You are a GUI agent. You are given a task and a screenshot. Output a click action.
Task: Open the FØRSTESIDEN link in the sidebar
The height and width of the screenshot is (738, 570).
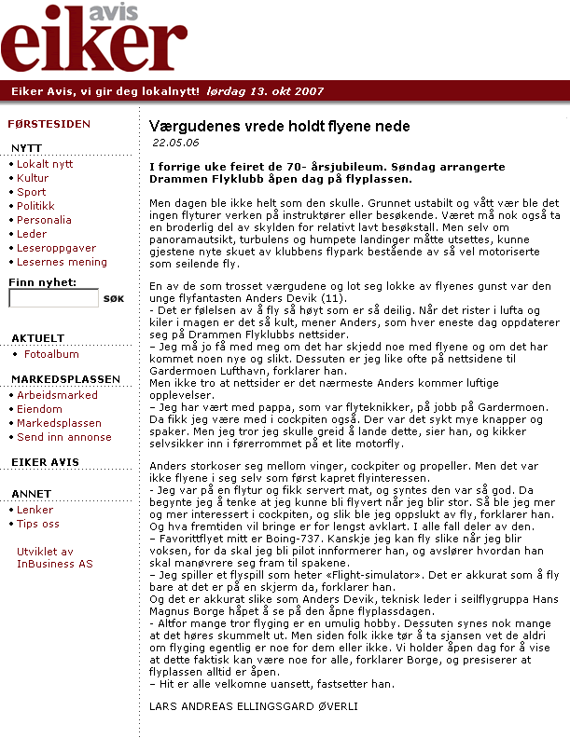click(49, 123)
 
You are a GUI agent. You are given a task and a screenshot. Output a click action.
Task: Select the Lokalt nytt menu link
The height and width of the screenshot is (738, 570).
click(45, 164)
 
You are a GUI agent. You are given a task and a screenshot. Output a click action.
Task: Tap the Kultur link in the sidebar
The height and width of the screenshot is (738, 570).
click(33, 178)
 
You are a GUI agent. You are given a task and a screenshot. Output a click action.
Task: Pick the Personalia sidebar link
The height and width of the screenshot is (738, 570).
click(44, 220)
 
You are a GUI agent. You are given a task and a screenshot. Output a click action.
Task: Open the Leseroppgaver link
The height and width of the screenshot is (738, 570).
click(56, 248)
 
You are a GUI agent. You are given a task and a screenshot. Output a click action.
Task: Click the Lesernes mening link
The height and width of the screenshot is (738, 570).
click(62, 262)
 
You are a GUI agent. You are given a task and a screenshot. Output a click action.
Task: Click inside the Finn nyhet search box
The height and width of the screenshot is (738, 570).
click(53, 298)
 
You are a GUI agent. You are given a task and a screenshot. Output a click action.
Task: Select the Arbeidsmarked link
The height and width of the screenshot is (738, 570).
click(57, 395)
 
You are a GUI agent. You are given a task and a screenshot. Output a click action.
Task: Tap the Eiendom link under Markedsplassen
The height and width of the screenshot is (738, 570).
click(39, 409)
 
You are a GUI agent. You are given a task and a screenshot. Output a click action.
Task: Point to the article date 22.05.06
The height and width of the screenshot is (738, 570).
click(175, 143)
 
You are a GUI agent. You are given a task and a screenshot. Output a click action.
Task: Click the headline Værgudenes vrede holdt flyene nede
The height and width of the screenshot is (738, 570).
click(279, 126)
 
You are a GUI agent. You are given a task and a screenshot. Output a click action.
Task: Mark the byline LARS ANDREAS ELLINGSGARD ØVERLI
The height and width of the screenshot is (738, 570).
click(253, 705)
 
